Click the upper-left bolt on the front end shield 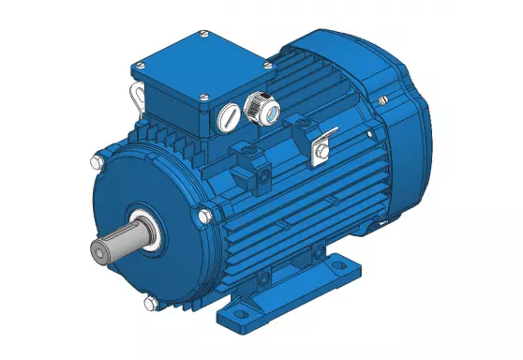coord(95,164)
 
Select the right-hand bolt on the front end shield coord(202,217)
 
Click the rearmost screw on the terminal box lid coord(203,36)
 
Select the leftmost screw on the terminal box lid coord(140,66)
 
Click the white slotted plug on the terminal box coord(228,117)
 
